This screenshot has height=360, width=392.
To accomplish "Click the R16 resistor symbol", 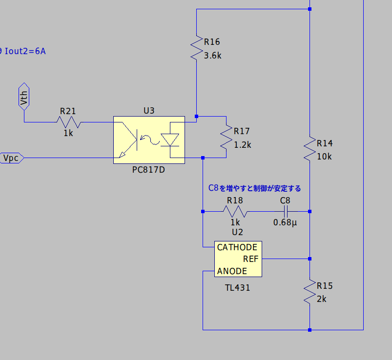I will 196,48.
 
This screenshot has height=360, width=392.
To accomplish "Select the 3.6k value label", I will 213,55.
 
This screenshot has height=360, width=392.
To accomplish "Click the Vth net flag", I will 24,96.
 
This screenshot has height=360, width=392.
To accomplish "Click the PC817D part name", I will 148,170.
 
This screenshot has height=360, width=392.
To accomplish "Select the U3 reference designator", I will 149,111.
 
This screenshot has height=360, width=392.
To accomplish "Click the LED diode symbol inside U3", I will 170,140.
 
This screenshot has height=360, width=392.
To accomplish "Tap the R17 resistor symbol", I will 227,138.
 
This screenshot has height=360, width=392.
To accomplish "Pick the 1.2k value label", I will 243,145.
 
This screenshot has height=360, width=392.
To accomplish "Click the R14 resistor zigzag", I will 309,149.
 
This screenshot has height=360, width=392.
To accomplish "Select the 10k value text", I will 324,157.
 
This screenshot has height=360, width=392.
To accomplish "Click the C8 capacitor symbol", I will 286,211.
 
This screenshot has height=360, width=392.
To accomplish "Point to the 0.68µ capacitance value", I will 286,222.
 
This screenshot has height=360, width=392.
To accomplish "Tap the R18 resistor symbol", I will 235,211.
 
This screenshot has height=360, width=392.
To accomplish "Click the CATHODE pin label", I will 237,247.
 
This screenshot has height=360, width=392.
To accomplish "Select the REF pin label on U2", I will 250,259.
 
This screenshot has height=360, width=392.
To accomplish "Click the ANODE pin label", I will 232,271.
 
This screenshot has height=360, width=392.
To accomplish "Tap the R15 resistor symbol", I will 309,292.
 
